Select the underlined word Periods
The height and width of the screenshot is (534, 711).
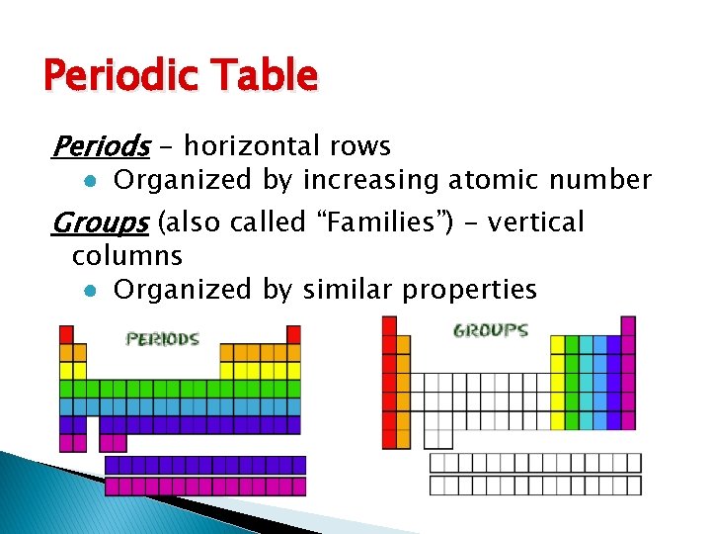(x=100, y=147)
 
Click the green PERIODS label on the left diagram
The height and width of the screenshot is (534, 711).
(x=163, y=339)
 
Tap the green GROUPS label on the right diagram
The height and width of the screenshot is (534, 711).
(x=491, y=331)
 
